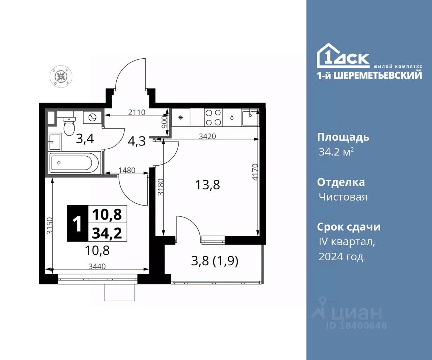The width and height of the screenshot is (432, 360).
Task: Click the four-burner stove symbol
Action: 213,118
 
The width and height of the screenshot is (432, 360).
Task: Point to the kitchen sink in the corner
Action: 250,118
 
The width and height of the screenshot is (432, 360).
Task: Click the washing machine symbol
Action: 92,117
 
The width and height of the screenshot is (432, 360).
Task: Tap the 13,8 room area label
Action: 207,185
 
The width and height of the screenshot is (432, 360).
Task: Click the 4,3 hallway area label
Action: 137,141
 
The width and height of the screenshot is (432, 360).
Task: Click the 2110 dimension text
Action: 137,112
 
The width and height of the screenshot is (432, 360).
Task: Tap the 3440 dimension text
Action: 97,266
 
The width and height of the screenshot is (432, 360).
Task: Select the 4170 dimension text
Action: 255,172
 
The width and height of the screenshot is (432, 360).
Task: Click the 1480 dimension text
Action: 127,170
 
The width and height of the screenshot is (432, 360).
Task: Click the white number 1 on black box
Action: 78,224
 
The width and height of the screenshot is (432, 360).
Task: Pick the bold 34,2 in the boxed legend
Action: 107,234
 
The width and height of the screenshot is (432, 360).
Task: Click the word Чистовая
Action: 343,197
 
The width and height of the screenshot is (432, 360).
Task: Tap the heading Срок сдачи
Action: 349,227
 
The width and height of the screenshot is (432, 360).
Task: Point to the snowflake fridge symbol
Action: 181,118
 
